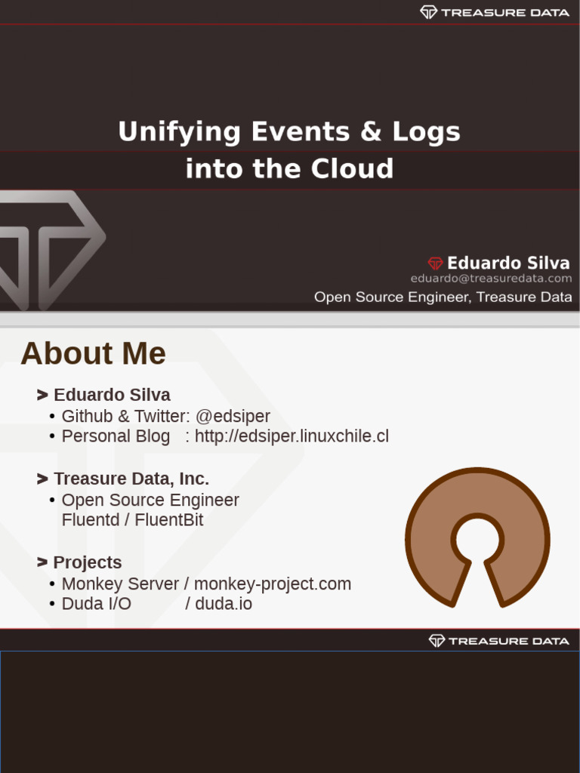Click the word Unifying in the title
[178, 132]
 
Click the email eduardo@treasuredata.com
[491, 279]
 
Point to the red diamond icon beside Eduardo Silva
[436, 263]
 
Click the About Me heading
[93, 353]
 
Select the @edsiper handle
[233, 416]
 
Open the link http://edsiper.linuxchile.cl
[292, 436]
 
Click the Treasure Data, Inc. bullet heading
[131, 479]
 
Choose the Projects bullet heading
[87, 562]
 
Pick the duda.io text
[224, 604]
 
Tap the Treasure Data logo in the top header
[495, 12]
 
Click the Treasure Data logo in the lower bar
[498, 641]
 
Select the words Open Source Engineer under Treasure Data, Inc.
[150, 500]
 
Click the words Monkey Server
[120, 584]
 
